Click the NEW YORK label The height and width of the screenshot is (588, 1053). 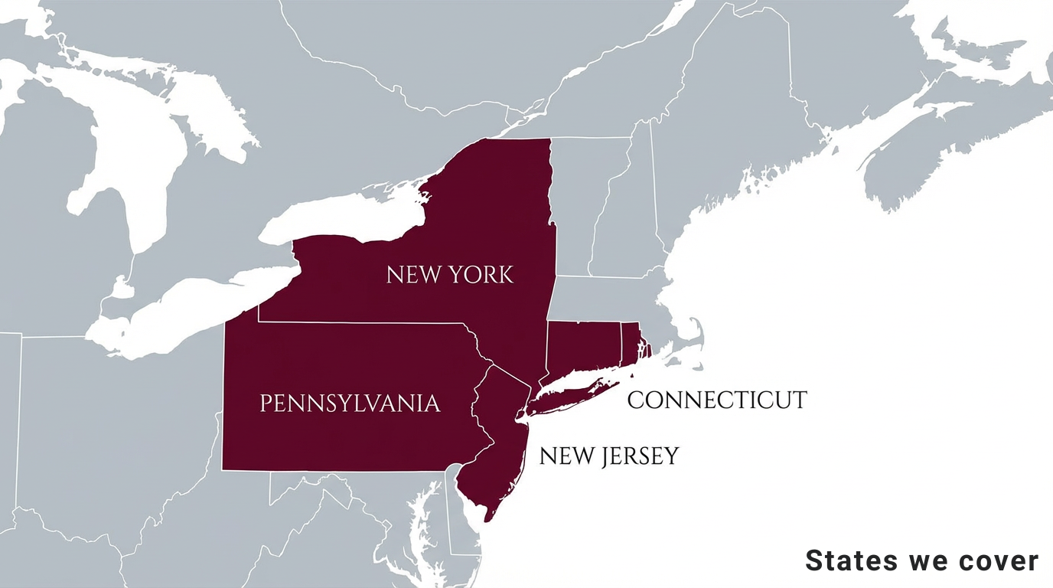[x=450, y=274]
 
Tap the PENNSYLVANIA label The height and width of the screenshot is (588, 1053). [x=350, y=403]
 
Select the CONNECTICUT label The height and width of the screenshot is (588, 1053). [x=716, y=400]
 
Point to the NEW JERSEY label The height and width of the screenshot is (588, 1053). [x=608, y=456]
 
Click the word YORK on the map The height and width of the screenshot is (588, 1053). [x=482, y=274]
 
